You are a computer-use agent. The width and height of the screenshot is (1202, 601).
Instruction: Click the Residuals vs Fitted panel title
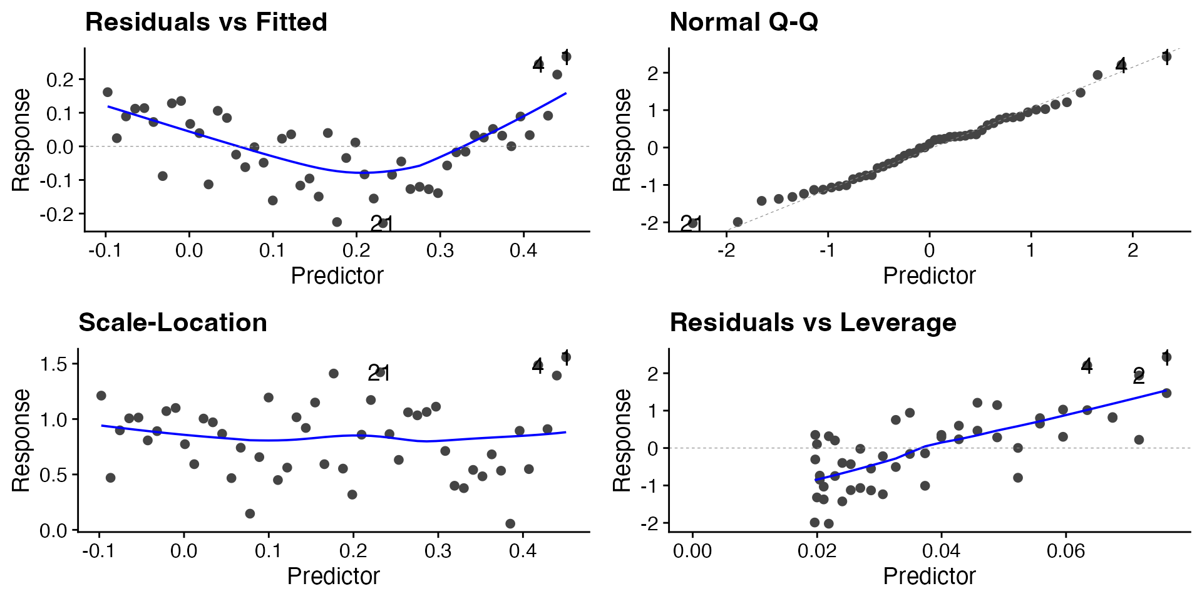tap(206, 23)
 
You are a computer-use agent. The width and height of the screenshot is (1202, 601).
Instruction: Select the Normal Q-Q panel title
tap(744, 23)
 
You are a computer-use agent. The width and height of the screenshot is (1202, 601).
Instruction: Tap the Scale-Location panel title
tap(173, 323)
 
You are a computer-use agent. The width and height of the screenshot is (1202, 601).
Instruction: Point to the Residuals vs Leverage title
tap(813, 323)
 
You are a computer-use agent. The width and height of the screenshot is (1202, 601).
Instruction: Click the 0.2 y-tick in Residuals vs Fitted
tap(60, 80)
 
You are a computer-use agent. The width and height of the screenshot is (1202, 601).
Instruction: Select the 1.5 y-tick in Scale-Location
tap(54, 364)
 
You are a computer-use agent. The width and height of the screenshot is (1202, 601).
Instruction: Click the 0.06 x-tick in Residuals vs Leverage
tap(1066, 551)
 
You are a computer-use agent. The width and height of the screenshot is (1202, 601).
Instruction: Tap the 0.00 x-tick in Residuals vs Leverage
tap(692, 551)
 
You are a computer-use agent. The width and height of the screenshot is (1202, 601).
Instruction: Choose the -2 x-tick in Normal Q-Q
tap(726, 250)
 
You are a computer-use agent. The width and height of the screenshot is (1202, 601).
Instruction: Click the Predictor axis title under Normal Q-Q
tap(929, 275)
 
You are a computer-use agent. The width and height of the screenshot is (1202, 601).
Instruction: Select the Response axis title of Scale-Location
tap(21, 440)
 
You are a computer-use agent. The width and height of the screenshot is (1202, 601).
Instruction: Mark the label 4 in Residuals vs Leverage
tap(1086, 366)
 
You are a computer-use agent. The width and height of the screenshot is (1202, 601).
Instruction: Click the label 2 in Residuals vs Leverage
tap(1138, 376)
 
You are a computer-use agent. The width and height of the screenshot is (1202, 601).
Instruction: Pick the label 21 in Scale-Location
tap(379, 373)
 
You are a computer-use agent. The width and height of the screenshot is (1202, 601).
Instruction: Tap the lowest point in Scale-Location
tap(510, 523)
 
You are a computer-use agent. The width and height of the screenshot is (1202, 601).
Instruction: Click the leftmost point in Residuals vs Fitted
tap(108, 92)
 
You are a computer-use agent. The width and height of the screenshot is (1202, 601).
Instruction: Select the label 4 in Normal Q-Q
tap(1121, 65)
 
